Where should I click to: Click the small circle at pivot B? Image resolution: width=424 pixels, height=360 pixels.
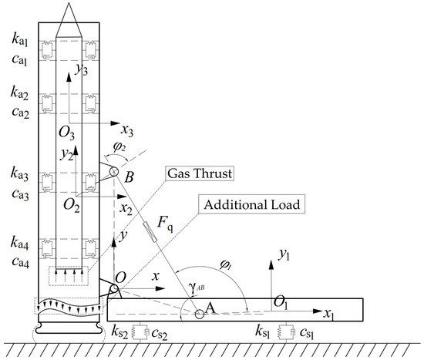click(114, 171)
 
